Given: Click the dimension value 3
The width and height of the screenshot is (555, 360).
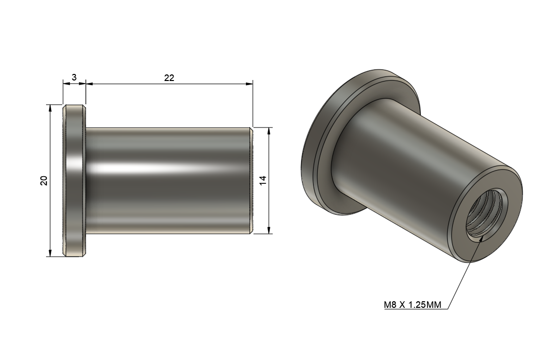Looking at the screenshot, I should (x=74, y=77).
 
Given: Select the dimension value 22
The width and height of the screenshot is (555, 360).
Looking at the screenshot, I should (x=169, y=77).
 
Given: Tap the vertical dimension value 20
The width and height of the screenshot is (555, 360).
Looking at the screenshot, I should (x=44, y=180).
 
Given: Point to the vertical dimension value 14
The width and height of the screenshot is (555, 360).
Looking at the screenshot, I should (x=263, y=180).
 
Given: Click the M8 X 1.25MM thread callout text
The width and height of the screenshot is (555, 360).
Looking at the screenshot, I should (x=412, y=305).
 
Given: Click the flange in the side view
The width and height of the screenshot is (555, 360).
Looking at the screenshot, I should (x=74, y=180).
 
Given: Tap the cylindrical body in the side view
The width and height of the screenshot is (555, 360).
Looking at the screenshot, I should (x=167, y=192).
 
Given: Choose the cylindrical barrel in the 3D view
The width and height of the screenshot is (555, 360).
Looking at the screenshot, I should (x=415, y=167).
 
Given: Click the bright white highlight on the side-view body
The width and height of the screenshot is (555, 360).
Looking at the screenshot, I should (x=152, y=168).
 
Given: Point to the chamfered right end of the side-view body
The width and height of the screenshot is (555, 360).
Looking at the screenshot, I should (x=251, y=180).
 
